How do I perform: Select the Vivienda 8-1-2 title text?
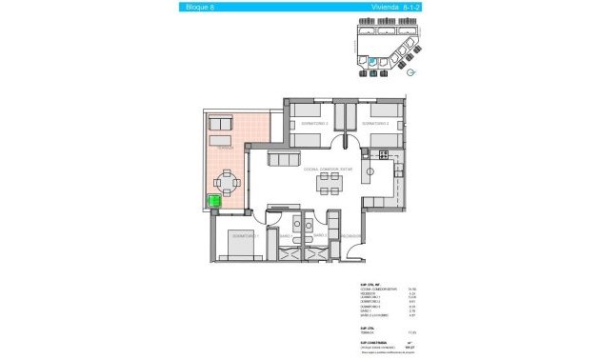click(385, 8)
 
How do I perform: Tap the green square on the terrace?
click(214, 201)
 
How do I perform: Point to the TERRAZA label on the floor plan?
click(225, 149)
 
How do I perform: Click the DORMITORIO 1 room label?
click(246, 234)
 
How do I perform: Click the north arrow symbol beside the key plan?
click(410, 70)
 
